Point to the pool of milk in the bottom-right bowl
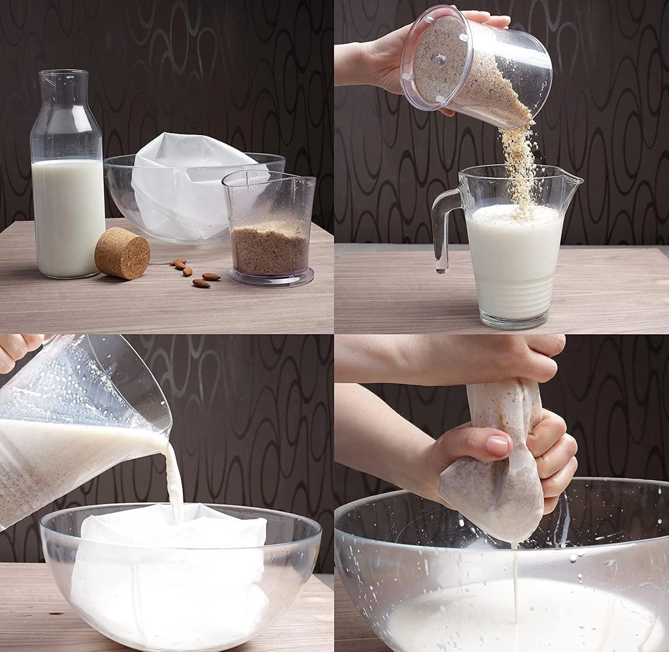(x=502, y=619)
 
